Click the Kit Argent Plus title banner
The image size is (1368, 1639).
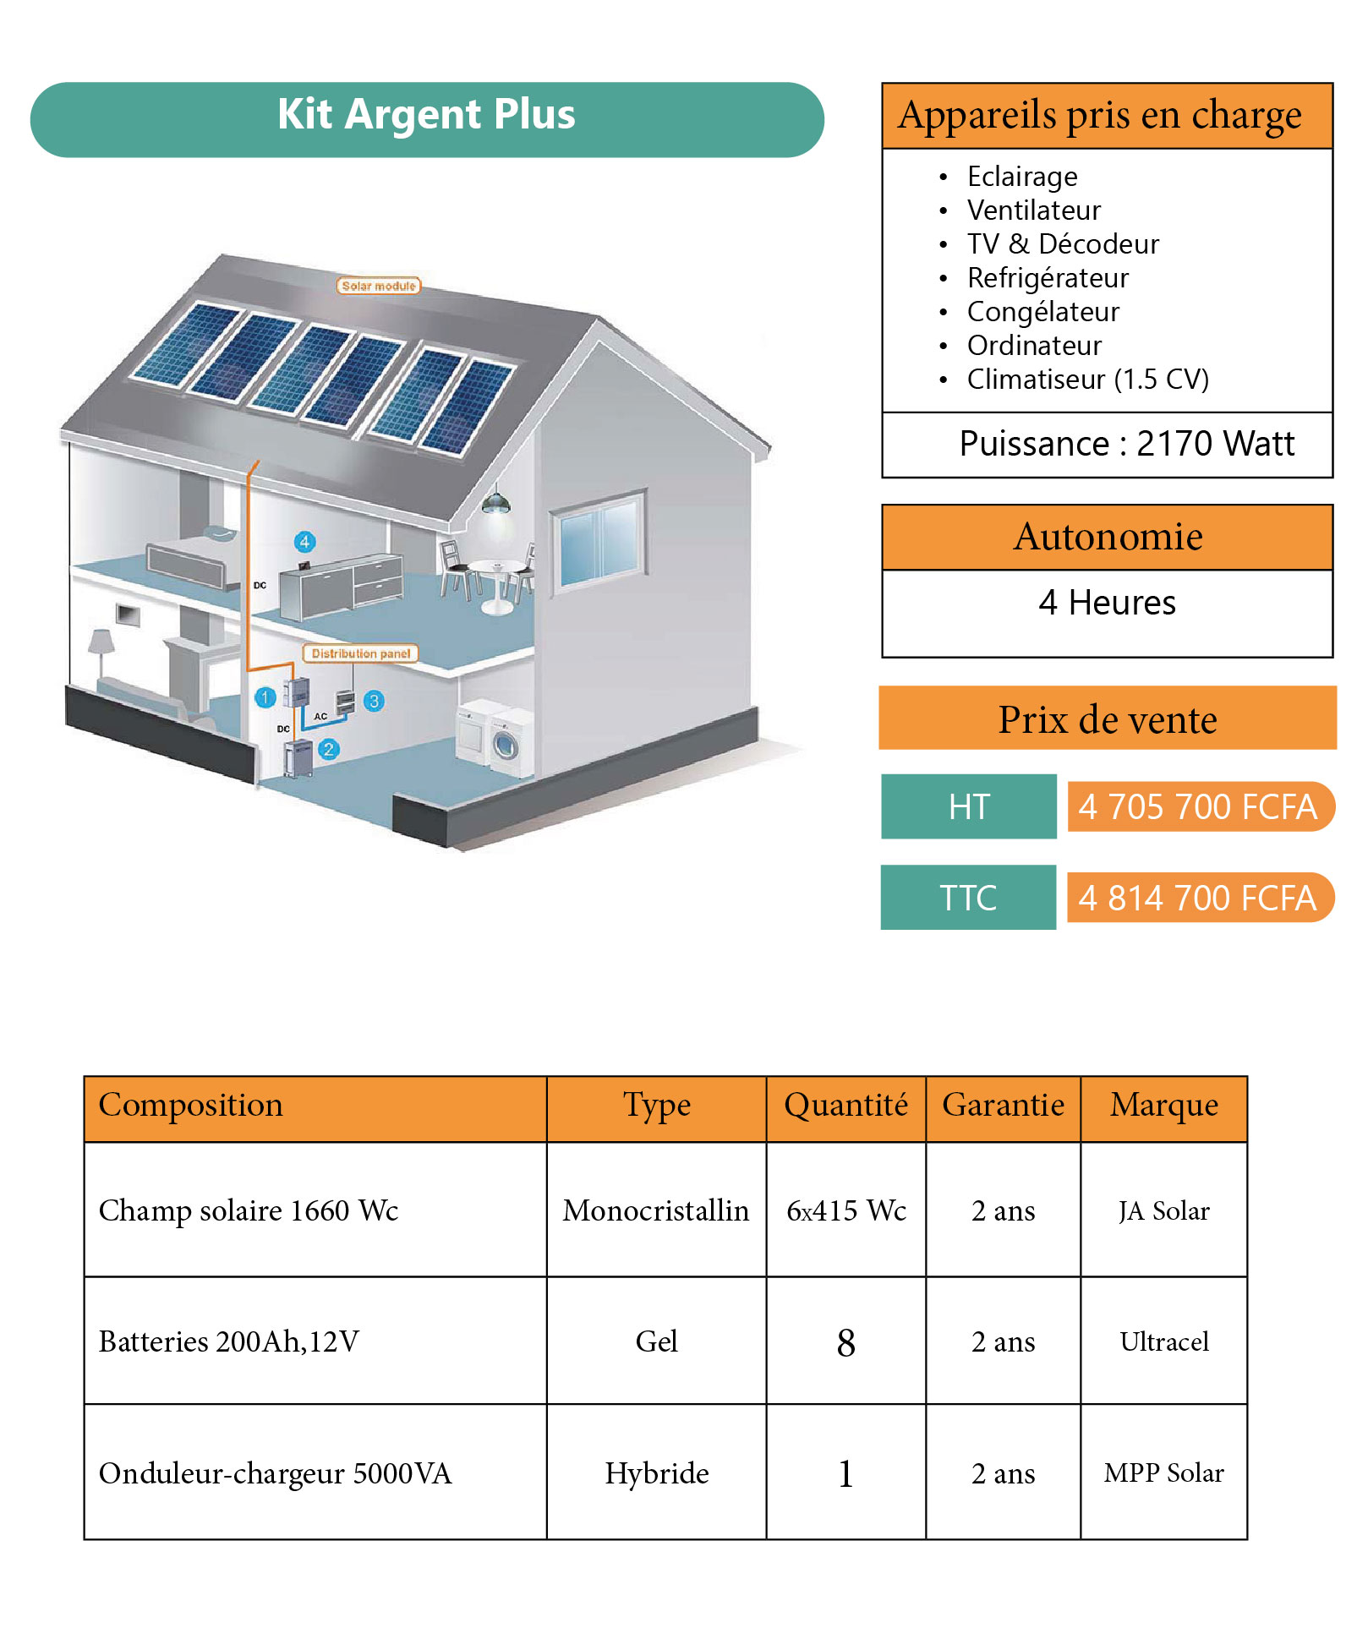coord(427,119)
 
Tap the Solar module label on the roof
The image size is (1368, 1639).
coord(379,286)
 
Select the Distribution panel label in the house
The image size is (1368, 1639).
coord(361,653)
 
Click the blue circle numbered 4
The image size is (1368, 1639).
coord(305,542)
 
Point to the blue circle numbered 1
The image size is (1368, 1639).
coord(265,697)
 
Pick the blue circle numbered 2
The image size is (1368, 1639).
coord(329,749)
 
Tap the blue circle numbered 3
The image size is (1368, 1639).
coord(374,701)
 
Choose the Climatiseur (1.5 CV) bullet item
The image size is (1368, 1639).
coord(1087,380)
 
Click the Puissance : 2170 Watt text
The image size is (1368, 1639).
coord(1126,444)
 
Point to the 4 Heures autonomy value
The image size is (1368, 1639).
coord(1107,603)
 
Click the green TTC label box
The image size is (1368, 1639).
coord(968,898)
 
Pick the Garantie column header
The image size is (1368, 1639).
coord(1003,1106)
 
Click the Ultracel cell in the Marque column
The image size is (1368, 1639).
coord(1164,1341)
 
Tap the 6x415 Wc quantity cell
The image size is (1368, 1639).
coord(846,1210)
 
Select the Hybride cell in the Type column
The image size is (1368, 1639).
coord(657,1473)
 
